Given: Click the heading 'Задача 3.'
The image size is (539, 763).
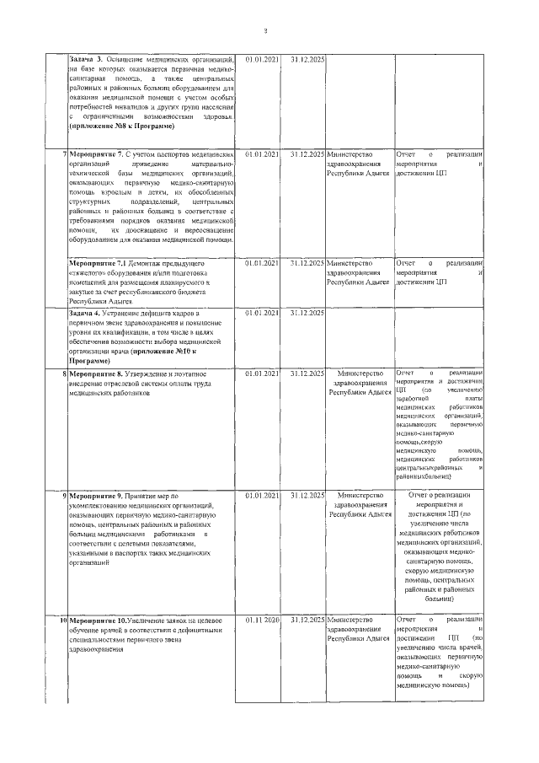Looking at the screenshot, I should [x=85, y=60].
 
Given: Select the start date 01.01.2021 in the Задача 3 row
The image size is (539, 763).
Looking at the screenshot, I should [x=261, y=60].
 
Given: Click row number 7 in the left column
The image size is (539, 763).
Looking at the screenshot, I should [x=65, y=155].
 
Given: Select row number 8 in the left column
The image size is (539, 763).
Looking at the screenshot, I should [x=65, y=372].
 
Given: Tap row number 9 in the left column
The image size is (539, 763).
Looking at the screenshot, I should [x=65, y=495].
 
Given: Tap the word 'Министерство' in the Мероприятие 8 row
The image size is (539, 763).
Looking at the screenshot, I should [x=360, y=372].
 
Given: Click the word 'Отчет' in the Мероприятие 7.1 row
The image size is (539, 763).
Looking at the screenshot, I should [x=407, y=263].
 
